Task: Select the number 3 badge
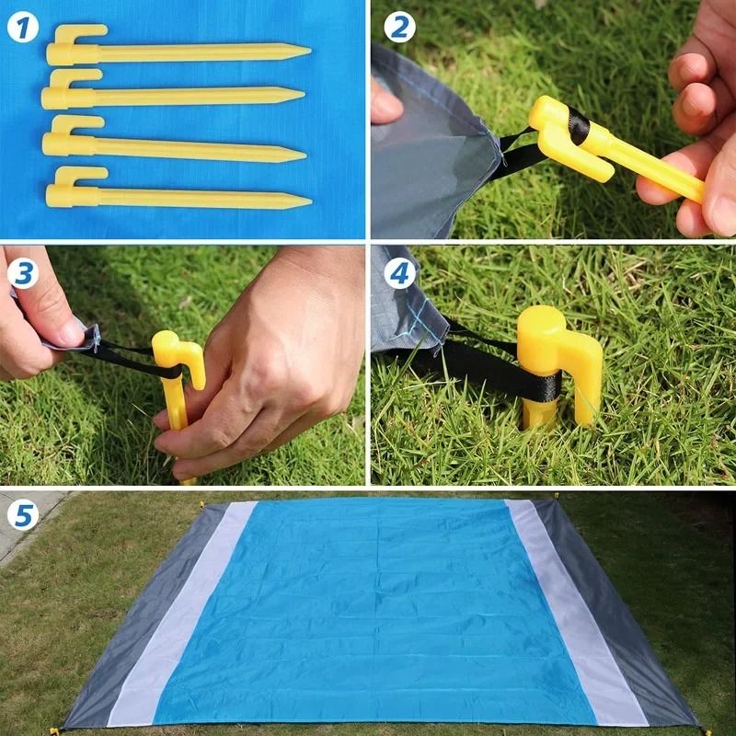pos(23,273)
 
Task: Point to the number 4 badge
pos(398,273)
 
